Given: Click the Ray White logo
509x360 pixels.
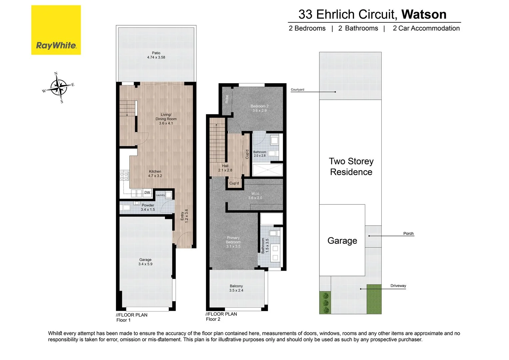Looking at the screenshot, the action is pos(56,30).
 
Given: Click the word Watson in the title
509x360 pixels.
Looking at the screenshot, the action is pos(424,14).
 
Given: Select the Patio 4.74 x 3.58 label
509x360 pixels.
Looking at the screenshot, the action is pos(156,55).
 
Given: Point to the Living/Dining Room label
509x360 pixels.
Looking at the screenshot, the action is pos(166,119).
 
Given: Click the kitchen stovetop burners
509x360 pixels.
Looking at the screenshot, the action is pos(124,176).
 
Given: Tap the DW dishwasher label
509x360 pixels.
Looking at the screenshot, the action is pos(147,193).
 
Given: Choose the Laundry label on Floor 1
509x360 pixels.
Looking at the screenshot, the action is pos(160,195).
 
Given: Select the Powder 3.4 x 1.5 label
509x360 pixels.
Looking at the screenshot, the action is pos(148,207).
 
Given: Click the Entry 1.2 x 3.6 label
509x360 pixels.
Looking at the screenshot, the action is pos(184,216).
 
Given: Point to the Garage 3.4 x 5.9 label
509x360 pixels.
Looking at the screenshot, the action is pos(145,262).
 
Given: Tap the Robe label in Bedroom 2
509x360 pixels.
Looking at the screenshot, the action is pos(227,99).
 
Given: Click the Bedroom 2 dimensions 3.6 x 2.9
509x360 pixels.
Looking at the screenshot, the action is pos(259,110).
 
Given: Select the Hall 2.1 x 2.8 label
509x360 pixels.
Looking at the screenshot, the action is pos(225,168).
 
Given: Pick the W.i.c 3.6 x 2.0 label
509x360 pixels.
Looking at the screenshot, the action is pos(255,196).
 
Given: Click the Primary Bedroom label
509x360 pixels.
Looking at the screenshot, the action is pos(233,240).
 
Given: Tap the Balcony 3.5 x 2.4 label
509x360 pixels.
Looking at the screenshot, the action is pos(236,288).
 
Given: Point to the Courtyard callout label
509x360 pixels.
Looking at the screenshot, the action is pos(297,90).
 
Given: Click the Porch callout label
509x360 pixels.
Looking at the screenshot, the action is pos(408,233).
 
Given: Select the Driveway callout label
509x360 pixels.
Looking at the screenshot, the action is pos(398,286).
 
